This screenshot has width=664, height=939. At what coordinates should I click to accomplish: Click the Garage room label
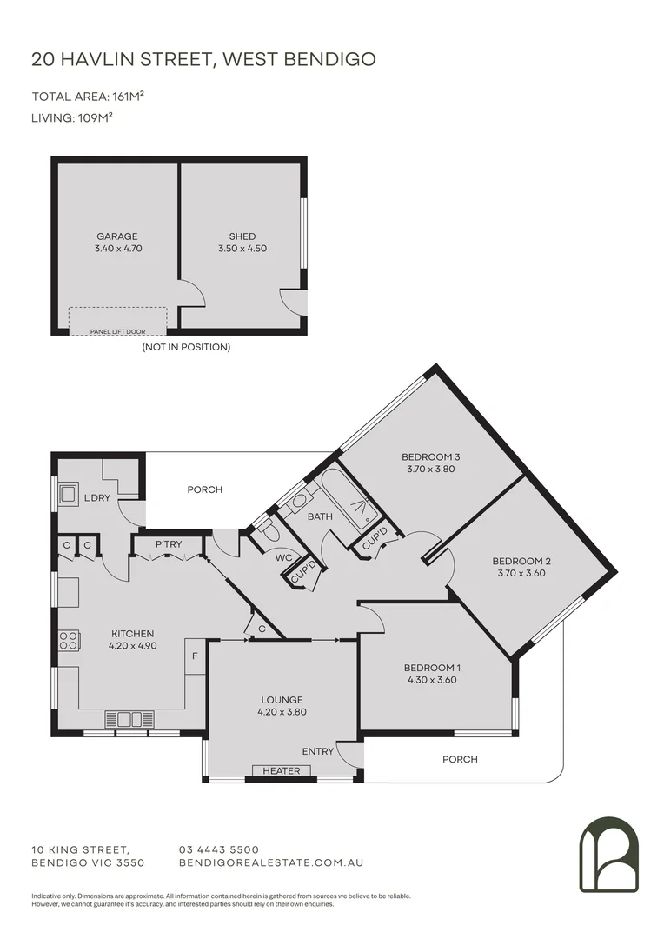(117, 236)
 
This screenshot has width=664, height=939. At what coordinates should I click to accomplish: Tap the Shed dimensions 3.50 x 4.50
(242, 249)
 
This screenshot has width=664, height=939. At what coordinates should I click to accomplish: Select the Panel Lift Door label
(117, 331)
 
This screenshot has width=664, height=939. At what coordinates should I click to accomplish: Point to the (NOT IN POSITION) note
(186, 347)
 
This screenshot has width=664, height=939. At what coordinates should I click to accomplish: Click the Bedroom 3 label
(430, 457)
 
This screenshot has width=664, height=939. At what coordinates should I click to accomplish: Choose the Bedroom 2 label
(521, 561)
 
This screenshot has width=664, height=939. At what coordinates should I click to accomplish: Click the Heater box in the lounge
(282, 770)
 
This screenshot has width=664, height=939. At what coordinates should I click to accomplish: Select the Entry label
(317, 751)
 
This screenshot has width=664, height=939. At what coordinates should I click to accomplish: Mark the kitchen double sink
(129, 719)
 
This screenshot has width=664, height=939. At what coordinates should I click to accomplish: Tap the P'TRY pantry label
(169, 545)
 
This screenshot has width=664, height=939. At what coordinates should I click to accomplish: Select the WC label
(282, 557)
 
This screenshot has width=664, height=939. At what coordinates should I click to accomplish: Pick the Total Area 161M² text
(88, 96)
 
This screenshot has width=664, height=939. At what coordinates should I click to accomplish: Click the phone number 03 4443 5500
(218, 849)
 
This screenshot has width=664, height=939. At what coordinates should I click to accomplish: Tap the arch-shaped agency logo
(608, 854)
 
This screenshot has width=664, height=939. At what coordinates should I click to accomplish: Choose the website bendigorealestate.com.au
(270, 862)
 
